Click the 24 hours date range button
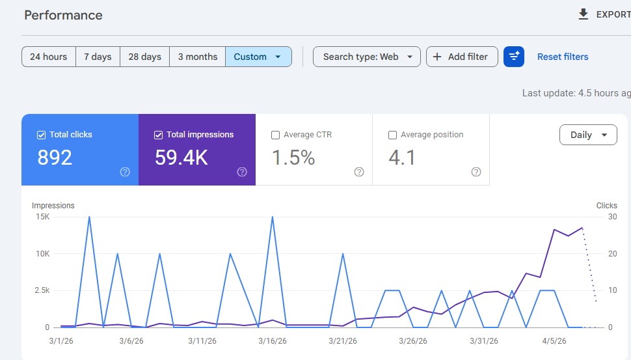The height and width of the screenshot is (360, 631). [x=49, y=57]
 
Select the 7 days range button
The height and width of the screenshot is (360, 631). [x=98, y=57]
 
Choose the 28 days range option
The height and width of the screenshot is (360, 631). [x=144, y=57]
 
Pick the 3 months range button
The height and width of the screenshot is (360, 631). [x=198, y=57]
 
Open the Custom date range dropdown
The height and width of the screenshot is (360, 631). [x=258, y=57]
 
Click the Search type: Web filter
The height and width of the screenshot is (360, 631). [x=367, y=57]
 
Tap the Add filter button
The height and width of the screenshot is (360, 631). [x=462, y=57]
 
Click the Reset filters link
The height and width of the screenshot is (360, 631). [x=563, y=57]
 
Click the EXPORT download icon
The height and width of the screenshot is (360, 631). [x=584, y=14]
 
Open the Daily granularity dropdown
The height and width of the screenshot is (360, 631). [x=588, y=135]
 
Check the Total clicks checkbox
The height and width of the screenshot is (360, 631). [x=41, y=135]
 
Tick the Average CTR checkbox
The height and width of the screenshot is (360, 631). [x=275, y=135]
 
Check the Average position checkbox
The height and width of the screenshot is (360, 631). [x=392, y=135]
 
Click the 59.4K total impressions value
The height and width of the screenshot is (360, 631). [x=181, y=158]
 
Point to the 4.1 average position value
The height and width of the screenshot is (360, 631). [x=402, y=158]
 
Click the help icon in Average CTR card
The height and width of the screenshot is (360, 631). [x=359, y=172]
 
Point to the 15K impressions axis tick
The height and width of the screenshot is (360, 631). [x=42, y=217]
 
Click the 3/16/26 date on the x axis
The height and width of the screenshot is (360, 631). [x=272, y=340]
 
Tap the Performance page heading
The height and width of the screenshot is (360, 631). [x=63, y=15]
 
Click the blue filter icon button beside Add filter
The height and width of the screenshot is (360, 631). [x=514, y=57]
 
